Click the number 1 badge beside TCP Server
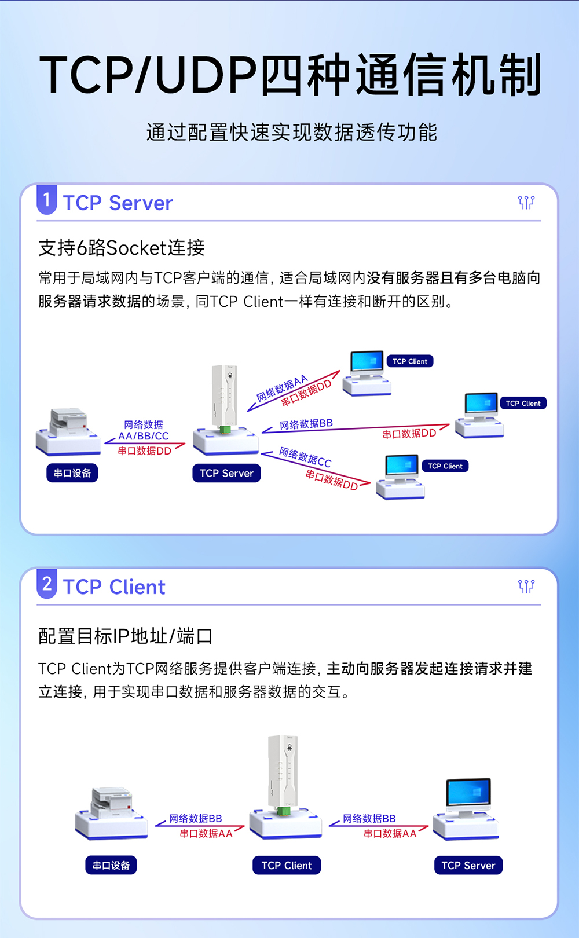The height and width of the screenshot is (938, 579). pos(47,200)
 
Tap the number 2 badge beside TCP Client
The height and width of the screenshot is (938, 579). pos(47,584)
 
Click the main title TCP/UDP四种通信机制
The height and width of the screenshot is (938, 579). pos(290,75)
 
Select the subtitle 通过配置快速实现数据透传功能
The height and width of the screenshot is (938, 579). pos(291,133)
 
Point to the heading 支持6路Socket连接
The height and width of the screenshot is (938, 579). pos(122,248)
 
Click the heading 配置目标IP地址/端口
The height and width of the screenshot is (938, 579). pos(125,636)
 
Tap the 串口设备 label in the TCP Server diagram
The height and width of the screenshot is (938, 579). pos(72,473)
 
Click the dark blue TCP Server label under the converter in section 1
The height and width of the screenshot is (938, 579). pos(226,473)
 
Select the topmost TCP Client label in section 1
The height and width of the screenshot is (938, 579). pos(410,361)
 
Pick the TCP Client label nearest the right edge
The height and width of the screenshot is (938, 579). pos(523,403)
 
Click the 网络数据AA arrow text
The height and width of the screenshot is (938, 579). pos(282,388)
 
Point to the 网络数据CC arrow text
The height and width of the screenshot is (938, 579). pos(305,457)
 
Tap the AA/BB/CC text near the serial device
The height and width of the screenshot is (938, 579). pos(144,436)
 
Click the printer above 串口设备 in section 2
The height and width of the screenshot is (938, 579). pos(111,803)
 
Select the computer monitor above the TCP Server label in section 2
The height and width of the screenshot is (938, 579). pos(468,794)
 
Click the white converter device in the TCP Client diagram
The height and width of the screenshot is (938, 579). pos(283,773)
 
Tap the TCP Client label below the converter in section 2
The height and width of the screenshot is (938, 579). pos(287,865)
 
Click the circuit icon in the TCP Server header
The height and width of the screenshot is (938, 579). pos(526,202)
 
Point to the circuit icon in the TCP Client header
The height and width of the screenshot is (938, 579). pos(526,587)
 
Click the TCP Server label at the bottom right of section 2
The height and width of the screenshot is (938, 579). pos(468,865)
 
